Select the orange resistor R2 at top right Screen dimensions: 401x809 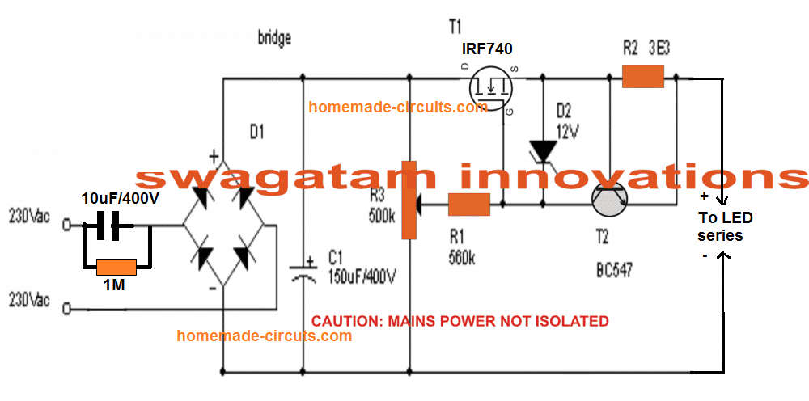tap(643, 78)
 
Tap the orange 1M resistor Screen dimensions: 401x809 tap(115, 265)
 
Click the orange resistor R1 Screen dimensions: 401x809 tap(469, 205)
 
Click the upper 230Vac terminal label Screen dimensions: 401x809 tap(31, 216)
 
